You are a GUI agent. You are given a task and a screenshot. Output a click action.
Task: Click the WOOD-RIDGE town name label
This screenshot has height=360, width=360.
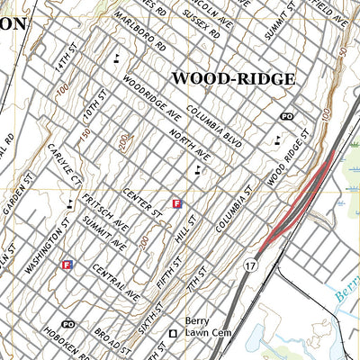232,79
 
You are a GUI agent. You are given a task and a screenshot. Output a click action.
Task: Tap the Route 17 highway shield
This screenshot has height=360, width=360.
249,265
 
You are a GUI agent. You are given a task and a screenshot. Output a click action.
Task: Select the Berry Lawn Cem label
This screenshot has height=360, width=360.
199,327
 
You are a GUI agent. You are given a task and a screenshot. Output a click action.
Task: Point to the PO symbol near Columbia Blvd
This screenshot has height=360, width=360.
287,117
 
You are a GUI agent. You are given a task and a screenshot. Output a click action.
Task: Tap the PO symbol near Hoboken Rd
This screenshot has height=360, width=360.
67,323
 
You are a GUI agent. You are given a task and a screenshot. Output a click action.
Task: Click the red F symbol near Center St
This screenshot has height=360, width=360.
177,204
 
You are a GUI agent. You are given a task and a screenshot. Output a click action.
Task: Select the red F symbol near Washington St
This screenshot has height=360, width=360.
67,265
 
